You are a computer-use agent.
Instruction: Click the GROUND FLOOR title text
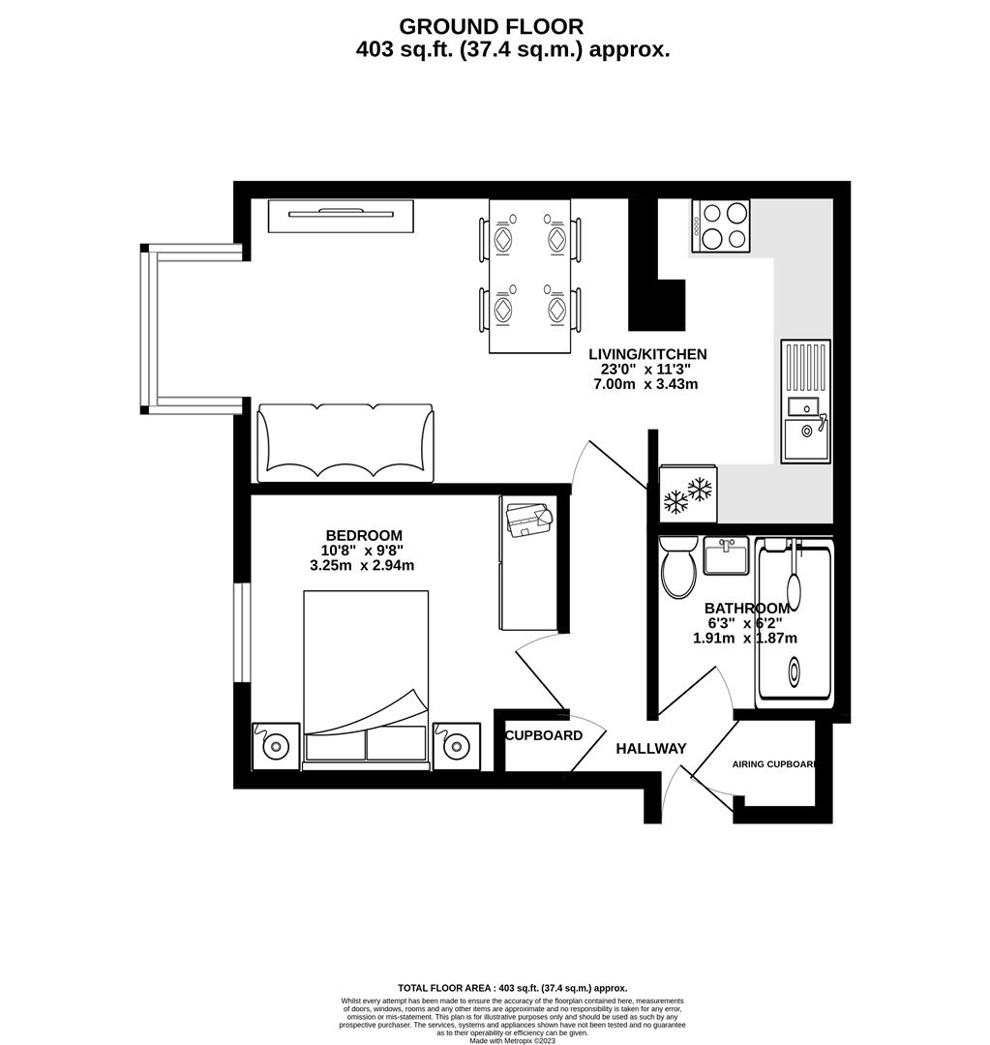492,26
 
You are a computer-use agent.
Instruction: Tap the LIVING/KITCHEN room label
647,354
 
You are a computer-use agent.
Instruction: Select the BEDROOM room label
363,535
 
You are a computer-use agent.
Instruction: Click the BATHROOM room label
746,608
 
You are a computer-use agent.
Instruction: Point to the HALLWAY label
651,748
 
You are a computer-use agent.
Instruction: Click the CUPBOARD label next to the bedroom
544,735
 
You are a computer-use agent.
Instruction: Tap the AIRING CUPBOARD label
774,763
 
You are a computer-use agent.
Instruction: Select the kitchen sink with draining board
805,401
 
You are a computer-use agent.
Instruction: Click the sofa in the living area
345,443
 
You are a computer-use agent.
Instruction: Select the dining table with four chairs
530,276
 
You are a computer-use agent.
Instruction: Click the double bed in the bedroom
366,677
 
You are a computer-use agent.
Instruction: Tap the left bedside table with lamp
276,745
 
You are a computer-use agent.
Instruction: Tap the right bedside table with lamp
456,745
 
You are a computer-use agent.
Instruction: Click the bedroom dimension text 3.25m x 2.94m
362,565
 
